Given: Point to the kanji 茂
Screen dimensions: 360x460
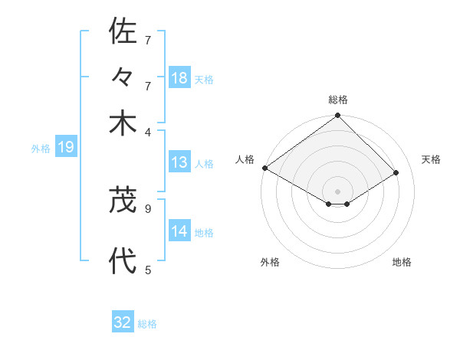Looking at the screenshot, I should [x=123, y=200].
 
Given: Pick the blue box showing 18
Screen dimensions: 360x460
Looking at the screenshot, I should [x=179, y=78].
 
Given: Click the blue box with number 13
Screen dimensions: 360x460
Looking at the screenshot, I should [x=179, y=162].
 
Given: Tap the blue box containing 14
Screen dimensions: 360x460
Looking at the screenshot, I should [x=179, y=231].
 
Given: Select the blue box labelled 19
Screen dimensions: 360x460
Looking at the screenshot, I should [x=66, y=147].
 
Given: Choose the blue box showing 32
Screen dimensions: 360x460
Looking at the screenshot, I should [x=123, y=322].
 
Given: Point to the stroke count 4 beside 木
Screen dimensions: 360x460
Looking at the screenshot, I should [x=147, y=131].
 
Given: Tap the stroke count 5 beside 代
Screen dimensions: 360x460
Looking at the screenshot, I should [x=147, y=270].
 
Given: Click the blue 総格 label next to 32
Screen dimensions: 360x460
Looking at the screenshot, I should [x=147, y=324].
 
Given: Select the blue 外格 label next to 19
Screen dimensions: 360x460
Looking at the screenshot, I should [x=41, y=149].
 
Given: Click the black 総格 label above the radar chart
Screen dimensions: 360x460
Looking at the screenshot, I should [x=338, y=100].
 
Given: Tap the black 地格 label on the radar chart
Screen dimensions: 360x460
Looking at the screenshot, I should [x=402, y=262].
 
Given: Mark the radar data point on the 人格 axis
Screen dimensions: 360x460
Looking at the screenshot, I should [x=265, y=168].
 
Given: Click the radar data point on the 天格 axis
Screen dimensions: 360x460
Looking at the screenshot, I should [x=396, y=173].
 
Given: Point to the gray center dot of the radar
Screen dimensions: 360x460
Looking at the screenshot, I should [x=338, y=191].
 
